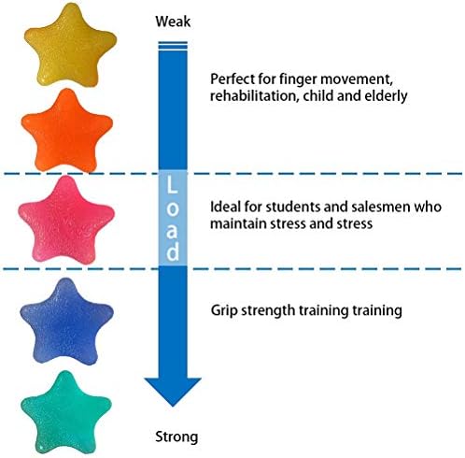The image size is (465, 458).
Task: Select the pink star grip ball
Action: (x=66, y=220)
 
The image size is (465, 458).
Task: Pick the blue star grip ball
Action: (x=66, y=321)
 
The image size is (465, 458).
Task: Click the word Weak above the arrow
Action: (x=173, y=21)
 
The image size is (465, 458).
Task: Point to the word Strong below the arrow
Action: (x=176, y=437)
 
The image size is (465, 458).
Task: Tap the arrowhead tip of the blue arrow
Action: (x=173, y=407)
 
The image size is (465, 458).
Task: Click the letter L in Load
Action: (x=172, y=185)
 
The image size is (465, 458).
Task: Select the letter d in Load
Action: (x=173, y=251)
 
